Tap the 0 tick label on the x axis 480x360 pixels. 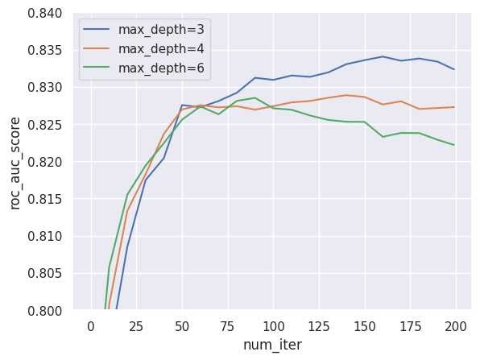90,326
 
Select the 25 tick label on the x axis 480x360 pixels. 136,326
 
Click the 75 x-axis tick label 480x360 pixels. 228,326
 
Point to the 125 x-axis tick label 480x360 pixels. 319,326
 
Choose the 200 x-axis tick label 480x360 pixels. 456,326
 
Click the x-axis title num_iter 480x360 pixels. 272,345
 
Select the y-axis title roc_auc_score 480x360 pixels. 15,162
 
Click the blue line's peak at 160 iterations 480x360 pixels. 383,56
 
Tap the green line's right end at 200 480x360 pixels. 454,145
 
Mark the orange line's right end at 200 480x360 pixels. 454,107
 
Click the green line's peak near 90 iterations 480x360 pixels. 255,97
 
